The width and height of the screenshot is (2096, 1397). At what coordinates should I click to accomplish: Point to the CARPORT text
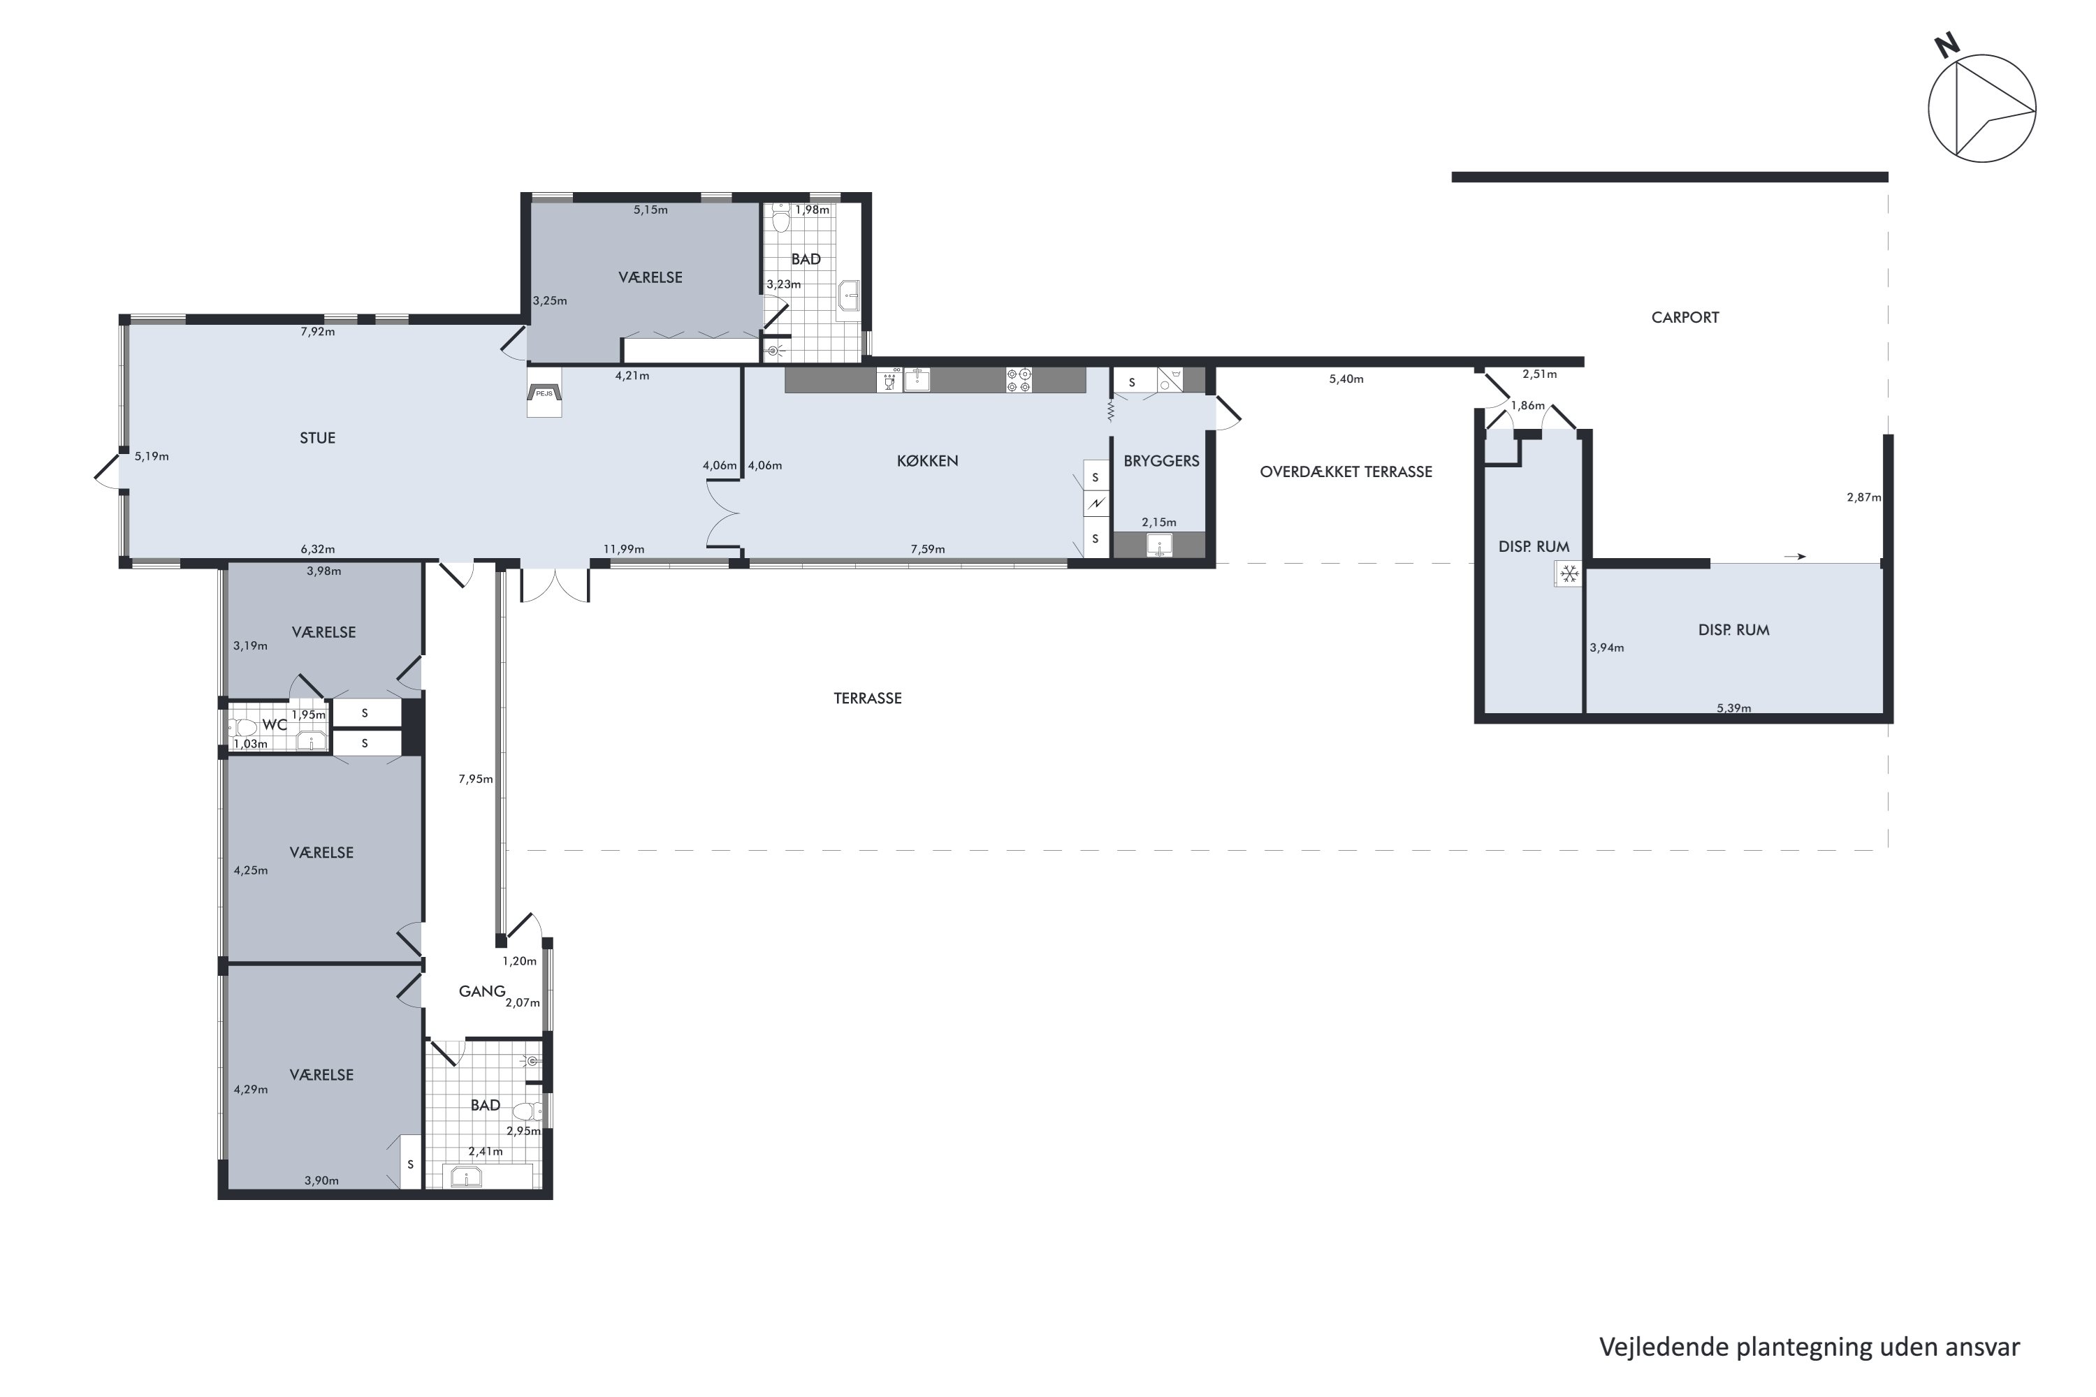coord(1684,317)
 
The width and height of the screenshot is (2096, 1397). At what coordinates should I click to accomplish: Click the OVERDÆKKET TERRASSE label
coord(1346,472)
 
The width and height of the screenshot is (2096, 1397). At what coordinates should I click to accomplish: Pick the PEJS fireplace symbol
coord(544,393)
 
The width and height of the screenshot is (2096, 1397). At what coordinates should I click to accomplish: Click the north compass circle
coord(1982,109)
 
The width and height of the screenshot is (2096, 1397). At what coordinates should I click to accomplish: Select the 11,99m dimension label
coord(624,549)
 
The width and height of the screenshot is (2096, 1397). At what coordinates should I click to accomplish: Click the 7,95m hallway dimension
coord(476,779)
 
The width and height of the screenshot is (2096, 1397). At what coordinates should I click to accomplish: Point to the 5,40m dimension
coord(1346,379)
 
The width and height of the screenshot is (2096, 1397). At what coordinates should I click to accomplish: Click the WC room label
coord(275,725)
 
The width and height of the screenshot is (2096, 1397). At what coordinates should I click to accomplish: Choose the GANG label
coord(482,990)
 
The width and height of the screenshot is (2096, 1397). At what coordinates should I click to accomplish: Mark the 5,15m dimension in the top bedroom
coord(650,210)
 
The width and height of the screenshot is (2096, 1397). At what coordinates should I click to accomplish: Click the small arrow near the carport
coord(1795,557)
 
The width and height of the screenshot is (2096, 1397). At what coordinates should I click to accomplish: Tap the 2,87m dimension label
coord(1863,497)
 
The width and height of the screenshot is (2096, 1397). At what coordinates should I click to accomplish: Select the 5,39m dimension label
coord(1733,708)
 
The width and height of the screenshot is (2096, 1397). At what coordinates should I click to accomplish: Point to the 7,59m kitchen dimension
coord(928,549)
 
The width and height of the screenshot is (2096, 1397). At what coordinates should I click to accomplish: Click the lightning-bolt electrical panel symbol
coord(1096,504)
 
